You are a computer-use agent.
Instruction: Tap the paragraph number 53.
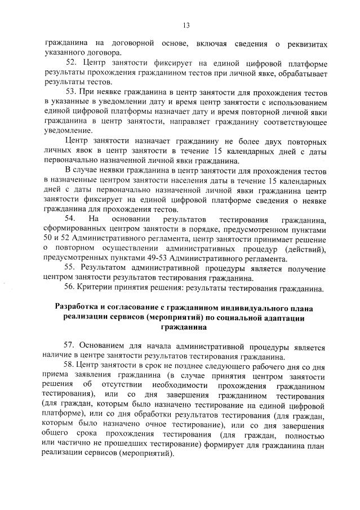tap(72, 91)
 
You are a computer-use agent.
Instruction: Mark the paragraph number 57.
tap(72, 344)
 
